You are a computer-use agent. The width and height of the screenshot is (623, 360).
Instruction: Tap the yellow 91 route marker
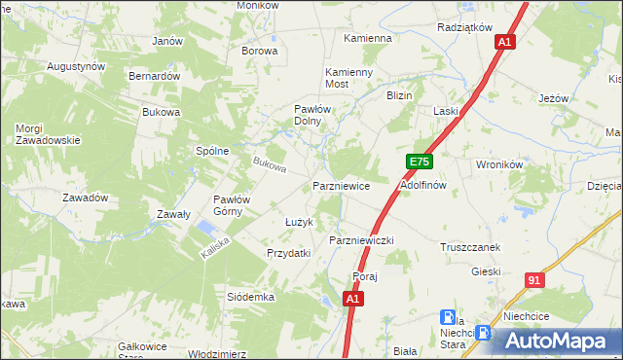click(x=533, y=280)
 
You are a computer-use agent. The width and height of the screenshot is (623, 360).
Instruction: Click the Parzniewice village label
click(x=341, y=184)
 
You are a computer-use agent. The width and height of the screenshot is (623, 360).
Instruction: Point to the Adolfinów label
click(x=423, y=184)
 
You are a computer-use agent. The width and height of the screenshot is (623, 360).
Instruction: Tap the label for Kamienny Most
click(x=349, y=79)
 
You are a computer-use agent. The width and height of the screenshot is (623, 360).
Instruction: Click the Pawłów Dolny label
click(x=315, y=116)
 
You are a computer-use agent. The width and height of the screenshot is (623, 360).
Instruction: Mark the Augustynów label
click(x=76, y=66)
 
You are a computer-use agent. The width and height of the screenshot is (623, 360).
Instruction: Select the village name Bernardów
click(x=155, y=75)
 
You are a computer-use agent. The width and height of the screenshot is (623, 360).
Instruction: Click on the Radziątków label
click(x=465, y=28)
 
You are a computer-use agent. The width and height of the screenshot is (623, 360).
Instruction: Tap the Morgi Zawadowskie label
click(x=47, y=134)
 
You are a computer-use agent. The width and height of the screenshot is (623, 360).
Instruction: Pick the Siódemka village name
click(x=251, y=296)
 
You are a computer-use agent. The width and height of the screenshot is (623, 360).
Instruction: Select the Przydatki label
click(x=289, y=253)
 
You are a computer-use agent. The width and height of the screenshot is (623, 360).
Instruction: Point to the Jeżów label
click(x=553, y=98)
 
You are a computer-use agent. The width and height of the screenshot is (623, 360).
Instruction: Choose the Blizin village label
click(x=400, y=96)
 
